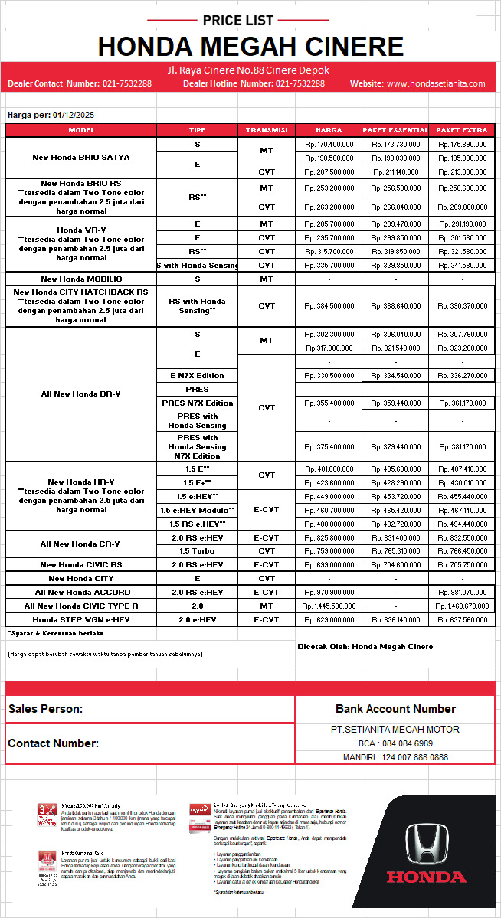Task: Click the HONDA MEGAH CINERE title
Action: [x=250, y=47]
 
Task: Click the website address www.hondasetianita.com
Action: [x=436, y=83]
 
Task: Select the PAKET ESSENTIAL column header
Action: [x=395, y=130]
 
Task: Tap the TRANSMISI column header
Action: [x=267, y=130]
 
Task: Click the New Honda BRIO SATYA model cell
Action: [x=81, y=158]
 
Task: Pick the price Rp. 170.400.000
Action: [x=329, y=144]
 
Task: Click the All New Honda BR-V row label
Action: [x=81, y=394]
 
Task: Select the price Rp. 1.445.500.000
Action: [x=329, y=606]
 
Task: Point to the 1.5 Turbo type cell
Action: [x=197, y=550]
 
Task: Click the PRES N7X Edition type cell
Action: [x=197, y=403]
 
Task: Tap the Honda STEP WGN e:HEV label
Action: [x=81, y=619]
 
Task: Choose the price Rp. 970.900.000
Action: [x=329, y=592]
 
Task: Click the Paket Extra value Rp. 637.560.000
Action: [x=461, y=619]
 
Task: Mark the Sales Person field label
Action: [x=46, y=709]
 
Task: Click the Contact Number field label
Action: [x=54, y=743]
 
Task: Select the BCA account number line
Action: [x=395, y=743]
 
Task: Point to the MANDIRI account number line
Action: [x=395, y=757]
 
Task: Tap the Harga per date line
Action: [x=51, y=115]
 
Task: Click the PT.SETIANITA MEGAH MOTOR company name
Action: [x=395, y=730]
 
